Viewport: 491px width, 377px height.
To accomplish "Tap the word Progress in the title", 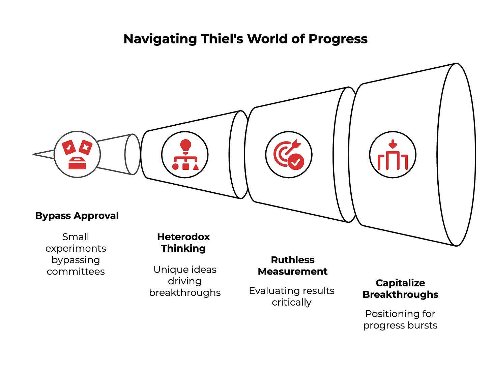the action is [x=338, y=39].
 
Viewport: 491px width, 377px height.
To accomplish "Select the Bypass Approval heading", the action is [x=77, y=216].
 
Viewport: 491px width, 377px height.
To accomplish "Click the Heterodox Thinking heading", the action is [x=183, y=243].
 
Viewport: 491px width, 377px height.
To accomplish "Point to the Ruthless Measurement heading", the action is [x=292, y=265].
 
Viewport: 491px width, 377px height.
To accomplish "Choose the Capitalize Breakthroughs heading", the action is [x=400, y=289].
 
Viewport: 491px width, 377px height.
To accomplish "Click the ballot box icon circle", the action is [x=77, y=154].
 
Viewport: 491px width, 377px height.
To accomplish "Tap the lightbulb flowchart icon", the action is [x=185, y=154].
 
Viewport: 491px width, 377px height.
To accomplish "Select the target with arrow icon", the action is [x=289, y=154].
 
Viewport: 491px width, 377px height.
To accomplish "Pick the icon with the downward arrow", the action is [x=393, y=154].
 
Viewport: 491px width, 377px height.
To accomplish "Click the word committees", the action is [x=76, y=272].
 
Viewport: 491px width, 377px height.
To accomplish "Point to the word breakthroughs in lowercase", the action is [x=185, y=293].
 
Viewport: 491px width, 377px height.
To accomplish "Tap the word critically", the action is [x=292, y=303].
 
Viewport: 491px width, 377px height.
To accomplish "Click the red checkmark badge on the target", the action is [x=296, y=162].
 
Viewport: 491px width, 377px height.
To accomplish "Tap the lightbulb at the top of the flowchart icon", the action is [x=185, y=146].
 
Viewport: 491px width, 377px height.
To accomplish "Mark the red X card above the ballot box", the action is [x=85, y=147].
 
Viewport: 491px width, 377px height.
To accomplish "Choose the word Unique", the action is [x=166, y=270].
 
